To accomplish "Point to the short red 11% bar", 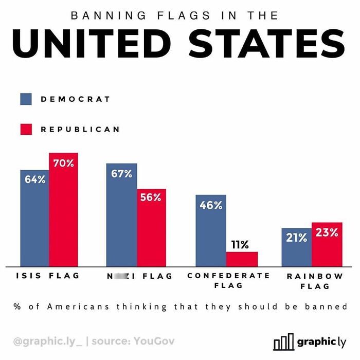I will pos(242,259).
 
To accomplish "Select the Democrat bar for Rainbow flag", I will pos(296,247).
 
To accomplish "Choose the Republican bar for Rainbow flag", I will pos(327,244).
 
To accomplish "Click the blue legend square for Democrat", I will pos(26,99).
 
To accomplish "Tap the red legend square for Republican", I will pos(26,130).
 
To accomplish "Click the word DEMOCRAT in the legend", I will pos(76,99).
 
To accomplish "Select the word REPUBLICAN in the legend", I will pos(80,130).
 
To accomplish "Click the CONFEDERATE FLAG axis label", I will pos(228,280).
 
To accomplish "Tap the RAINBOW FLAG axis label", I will pos(315,281).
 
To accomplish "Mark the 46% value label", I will pos(211,205).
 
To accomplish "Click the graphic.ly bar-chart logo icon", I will pos(283,341).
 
